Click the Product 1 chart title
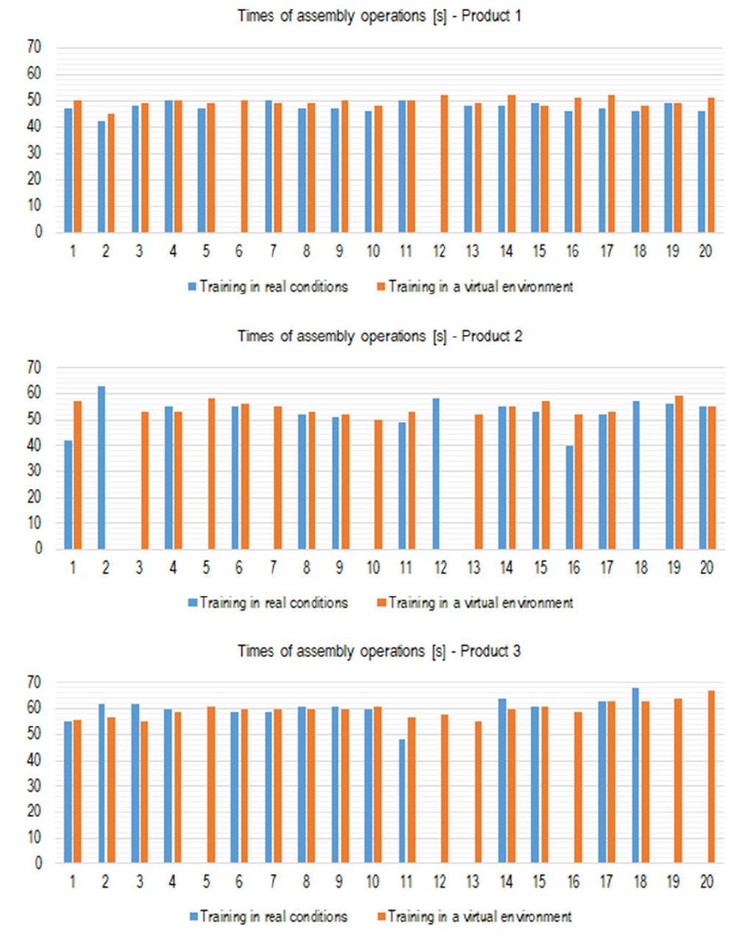click(x=379, y=15)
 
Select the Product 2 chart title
click(x=379, y=336)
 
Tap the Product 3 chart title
click(x=379, y=651)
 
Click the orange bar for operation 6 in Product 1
click(x=244, y=166)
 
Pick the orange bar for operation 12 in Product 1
click(x=444, y=163)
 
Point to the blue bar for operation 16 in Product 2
click(x=569, y=497)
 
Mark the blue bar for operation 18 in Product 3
click(x=636, y=775)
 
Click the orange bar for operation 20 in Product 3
click(x=711, y=776)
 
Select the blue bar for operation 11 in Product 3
click(x=403, y=801)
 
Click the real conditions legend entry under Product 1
click(x=269, y=287)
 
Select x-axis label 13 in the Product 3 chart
click(x=473, y=882)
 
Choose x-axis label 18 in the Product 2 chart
click(x=639, y=568)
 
